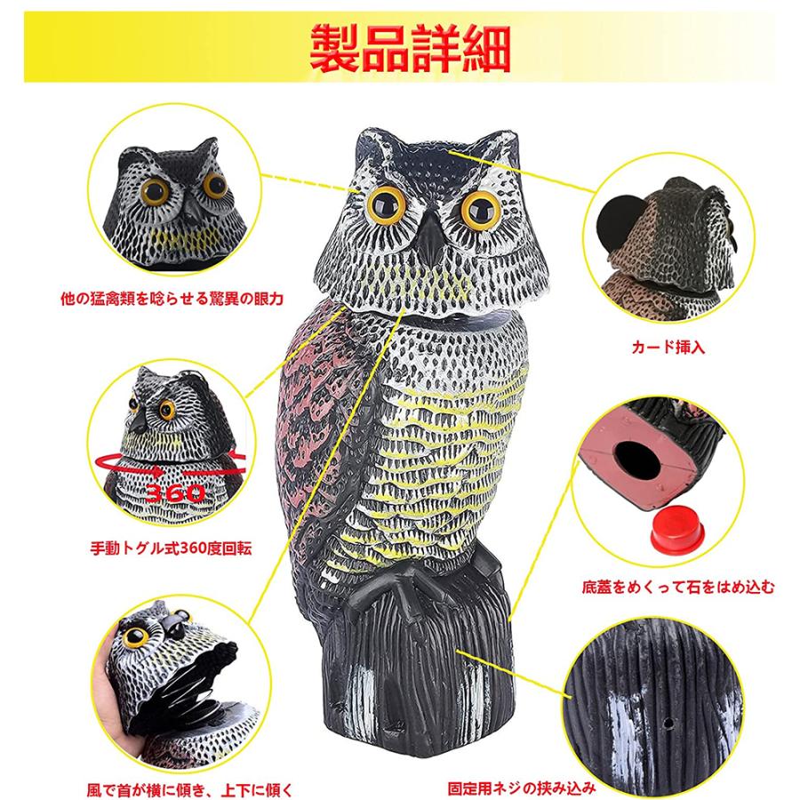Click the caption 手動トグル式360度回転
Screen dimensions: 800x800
pyautogui.click(x=171, y=548)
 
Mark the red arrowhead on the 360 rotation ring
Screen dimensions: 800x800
pyautogui.click(x=157, y=471)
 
